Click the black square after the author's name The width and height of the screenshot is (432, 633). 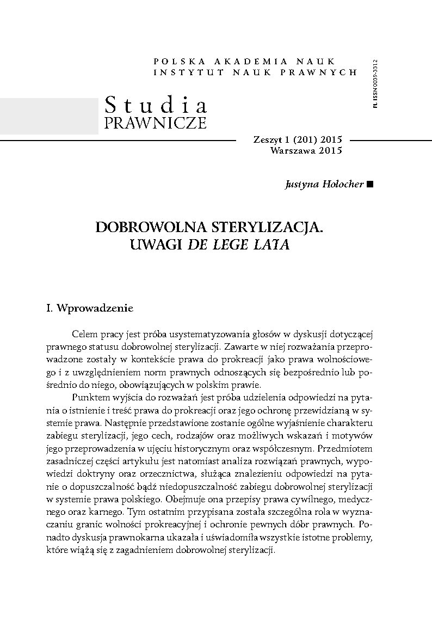(x=371, y=184)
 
